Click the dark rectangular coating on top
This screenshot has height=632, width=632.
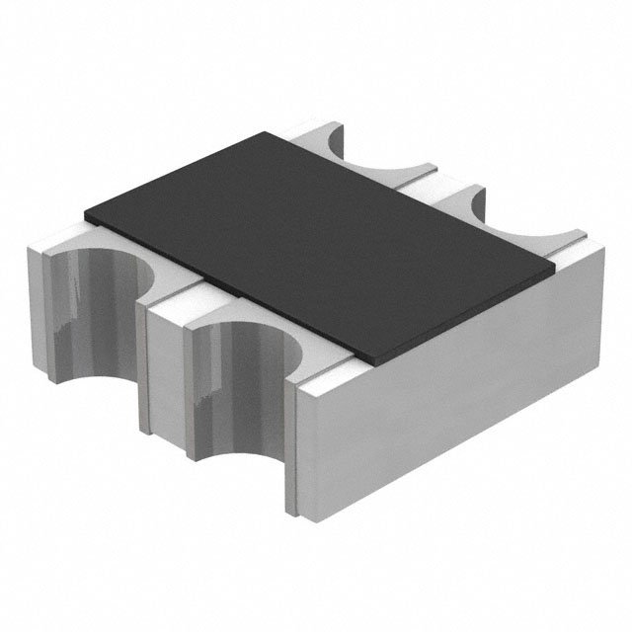click(x=316, y=237)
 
